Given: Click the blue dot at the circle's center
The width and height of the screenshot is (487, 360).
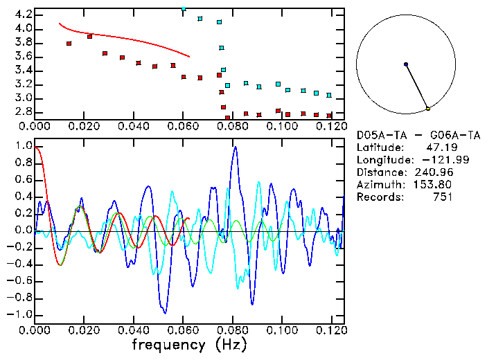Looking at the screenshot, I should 406,64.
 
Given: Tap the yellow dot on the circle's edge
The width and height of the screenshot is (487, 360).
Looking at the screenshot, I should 428,109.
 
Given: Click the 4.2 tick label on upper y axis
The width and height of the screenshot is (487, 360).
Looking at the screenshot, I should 24,15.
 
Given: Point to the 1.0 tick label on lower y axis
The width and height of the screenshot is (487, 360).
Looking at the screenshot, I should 24,147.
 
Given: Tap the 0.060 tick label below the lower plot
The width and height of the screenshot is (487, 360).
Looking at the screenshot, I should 182,330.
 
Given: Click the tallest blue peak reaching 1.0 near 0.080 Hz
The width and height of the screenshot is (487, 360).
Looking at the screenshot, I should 236,147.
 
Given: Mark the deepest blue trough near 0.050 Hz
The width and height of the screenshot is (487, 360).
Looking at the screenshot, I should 163,312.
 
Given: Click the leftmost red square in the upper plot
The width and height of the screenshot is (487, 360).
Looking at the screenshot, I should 69,44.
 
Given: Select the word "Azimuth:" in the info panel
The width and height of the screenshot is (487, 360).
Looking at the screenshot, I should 378,185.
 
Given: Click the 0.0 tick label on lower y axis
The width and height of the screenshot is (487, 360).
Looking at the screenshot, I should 24,231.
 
